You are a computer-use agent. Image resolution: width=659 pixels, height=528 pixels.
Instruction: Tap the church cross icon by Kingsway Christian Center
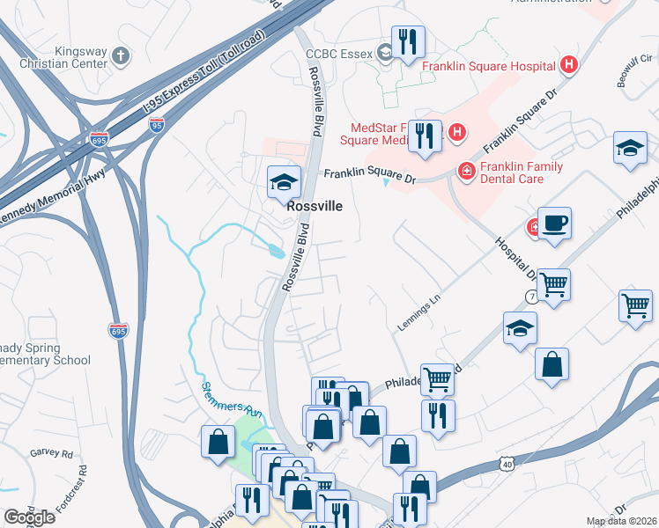tap(122, 56)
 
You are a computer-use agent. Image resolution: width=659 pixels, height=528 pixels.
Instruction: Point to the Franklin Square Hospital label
tap(487, 66)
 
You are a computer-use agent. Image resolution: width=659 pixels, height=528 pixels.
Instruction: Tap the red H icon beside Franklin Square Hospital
tap(569, 65)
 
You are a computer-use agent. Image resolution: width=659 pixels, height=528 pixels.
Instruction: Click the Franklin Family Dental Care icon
tap(463, 170)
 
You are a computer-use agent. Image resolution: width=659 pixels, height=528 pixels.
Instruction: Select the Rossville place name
tap(314, 206)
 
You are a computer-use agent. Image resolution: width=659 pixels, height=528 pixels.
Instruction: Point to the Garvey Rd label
tap(54, 454)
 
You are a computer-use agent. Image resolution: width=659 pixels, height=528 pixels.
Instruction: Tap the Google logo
tap(29, 517)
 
